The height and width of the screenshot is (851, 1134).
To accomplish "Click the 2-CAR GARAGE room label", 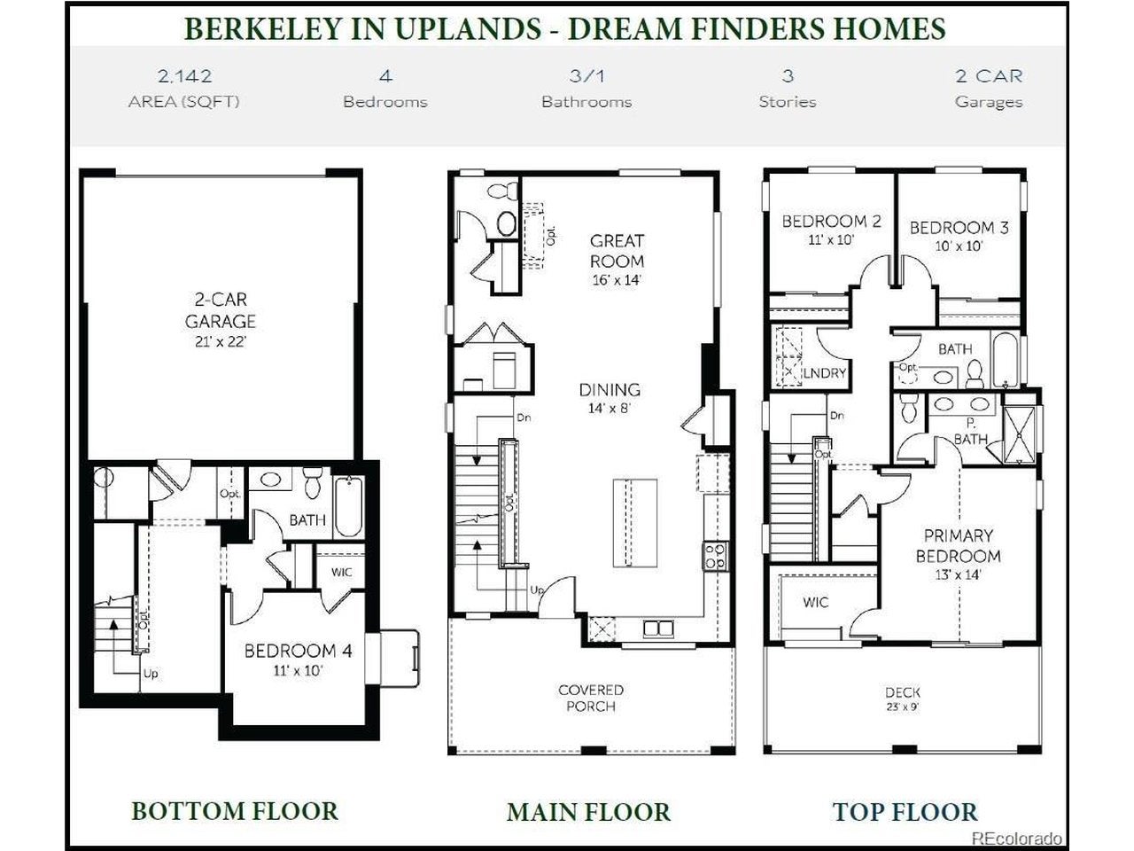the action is click(220, 310).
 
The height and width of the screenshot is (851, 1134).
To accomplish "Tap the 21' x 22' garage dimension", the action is click(220, 342).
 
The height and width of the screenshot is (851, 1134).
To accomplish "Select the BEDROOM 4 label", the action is click(298, 651).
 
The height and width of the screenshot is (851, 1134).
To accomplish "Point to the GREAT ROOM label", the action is click(617, 251).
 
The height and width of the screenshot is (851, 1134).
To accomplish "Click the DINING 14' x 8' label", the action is click(610, 398).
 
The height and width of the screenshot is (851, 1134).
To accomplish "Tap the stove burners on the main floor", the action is click(715, 556).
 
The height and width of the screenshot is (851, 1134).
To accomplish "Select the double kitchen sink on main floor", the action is click(658, 628).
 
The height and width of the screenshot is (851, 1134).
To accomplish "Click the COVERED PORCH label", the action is click(591, 698).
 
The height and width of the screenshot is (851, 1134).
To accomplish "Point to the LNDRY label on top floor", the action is click(825, 372).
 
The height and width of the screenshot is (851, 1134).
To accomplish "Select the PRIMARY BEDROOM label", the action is click(959, 546).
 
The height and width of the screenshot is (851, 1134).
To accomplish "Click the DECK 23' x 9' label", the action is click(903, 699).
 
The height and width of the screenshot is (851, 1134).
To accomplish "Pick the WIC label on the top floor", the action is click(816, 602).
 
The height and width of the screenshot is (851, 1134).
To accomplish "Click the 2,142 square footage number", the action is click(185, 76).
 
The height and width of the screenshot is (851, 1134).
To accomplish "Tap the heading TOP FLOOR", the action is click(905, 811).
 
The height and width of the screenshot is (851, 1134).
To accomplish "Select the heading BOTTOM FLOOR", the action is click(235, 810).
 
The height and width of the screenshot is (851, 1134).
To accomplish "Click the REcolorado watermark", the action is click(1017, 838).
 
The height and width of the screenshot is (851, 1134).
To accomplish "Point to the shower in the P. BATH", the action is click(1019, 435).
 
